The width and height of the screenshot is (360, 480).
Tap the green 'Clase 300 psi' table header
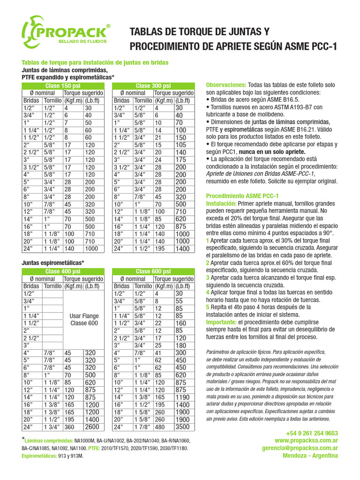click(153, 86)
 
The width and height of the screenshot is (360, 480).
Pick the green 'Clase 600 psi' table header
click(153, 271)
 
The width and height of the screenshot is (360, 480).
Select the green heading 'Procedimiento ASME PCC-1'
click(242, 196)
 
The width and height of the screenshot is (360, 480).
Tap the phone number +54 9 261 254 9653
click(312, 433)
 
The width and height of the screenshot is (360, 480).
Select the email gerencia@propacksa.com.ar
click(300, 448)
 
